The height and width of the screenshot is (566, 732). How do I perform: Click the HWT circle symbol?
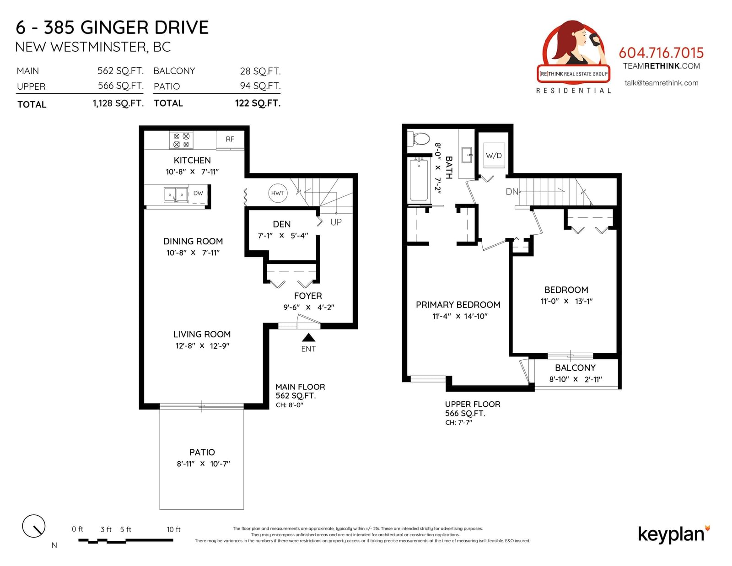278,193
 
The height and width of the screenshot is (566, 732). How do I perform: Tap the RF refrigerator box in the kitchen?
230,139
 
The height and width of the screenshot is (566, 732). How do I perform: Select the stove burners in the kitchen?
181,140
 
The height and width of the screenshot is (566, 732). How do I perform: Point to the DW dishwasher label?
198,193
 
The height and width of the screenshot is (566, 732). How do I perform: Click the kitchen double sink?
176,195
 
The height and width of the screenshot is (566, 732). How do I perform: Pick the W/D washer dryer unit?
494,155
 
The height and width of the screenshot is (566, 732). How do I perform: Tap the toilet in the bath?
418,139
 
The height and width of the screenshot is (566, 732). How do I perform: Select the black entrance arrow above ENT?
308,338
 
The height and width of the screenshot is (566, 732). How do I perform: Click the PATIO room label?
202,452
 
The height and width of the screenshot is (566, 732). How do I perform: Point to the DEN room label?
282,224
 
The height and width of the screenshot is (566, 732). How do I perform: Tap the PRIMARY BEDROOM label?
458,305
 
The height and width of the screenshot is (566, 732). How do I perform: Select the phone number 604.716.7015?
661,53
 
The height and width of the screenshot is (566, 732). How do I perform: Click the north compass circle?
34,526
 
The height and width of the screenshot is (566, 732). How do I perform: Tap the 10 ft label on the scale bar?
173,529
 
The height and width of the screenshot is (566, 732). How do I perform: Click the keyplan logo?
674,535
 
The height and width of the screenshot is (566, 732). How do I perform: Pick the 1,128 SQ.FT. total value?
118,103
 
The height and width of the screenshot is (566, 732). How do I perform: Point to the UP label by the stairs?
336,222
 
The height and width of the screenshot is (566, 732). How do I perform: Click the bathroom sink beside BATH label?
467,155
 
